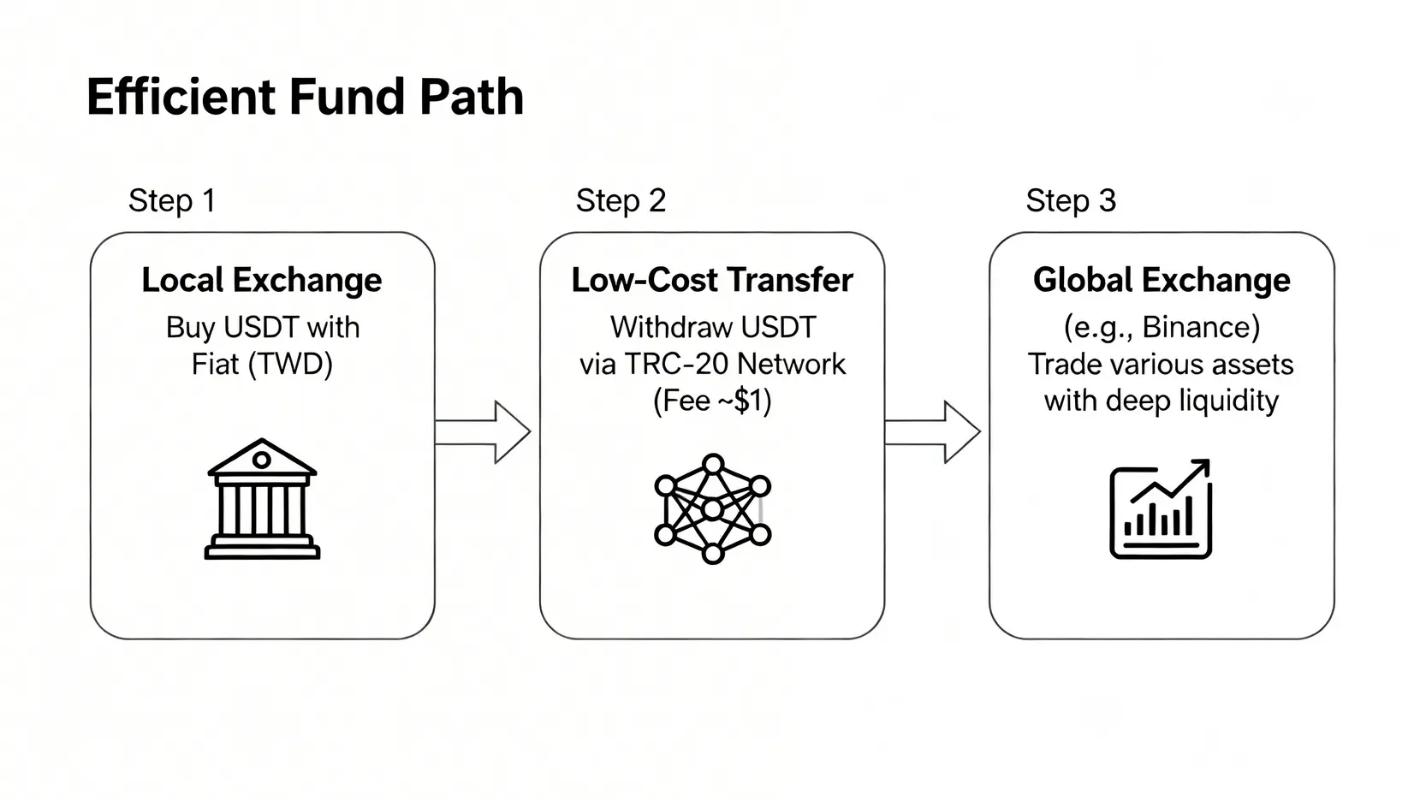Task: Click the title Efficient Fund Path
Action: tap(305, 97)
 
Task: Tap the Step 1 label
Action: tap(172, 201)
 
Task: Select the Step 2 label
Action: tap(621, 201)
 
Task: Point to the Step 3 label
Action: tap(1071, 201)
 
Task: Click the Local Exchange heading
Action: tap(262, 281)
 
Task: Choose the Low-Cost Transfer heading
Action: tap(712, 281)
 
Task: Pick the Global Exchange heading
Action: tap(1162, 281)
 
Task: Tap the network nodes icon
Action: tap(712, 508)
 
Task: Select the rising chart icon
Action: tap(1161, 509)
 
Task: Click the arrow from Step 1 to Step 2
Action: tap(484, 432)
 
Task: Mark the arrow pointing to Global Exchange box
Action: tap(933, 432)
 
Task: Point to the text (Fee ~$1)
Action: tap(712, 401)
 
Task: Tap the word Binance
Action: tap(1201, 328)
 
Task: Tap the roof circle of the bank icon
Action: tap(262, 460)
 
